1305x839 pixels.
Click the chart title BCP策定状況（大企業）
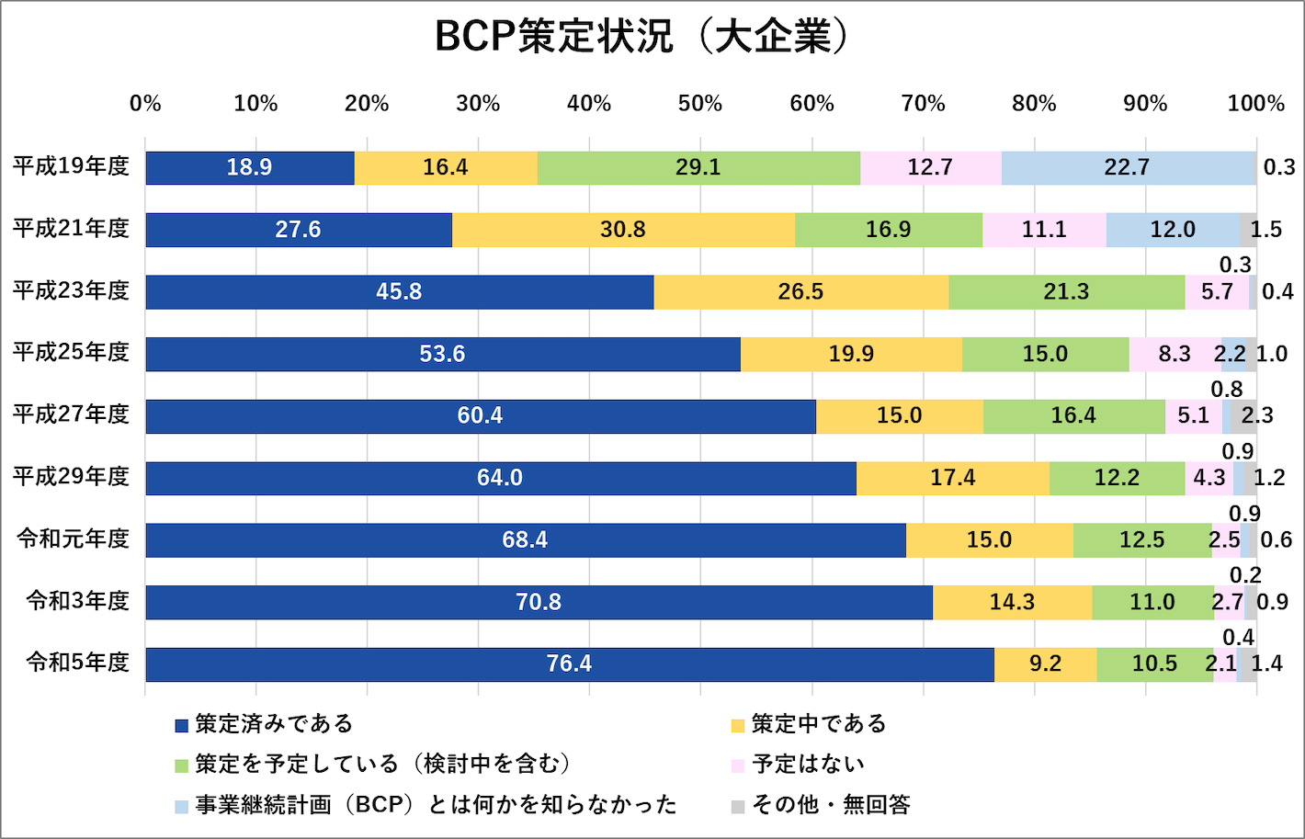tap(643, 37)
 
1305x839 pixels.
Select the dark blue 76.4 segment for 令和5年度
tap(569, 664)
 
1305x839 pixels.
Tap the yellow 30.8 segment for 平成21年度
tap(623, 230)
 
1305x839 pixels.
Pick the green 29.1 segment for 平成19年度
tap(698, 168)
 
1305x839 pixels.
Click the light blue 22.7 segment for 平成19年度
tap(1127, 168)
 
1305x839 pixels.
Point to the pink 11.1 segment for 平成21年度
tap(1044, 230)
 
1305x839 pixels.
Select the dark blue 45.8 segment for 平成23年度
tap(399, 292)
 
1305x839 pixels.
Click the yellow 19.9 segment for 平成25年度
tap(851, 354)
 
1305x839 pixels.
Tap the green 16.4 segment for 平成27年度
tap(1073, 416)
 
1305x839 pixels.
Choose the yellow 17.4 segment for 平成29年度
tap(952, 478)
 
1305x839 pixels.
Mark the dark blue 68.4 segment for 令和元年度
tap(525, 540)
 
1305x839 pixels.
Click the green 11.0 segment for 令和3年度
tap(1152, 602)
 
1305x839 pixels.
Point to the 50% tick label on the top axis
tap(700, 104)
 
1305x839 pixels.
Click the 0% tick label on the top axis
tap(145, 104)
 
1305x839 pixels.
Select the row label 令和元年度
tap(74, 539)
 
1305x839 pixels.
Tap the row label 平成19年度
tap(71, 167)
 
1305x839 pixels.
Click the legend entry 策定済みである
tap(274, 724)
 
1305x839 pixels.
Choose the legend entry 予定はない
tap(808, 765)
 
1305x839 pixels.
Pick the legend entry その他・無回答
tap(831, 805)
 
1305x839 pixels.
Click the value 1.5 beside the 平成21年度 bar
tap(1266, 230)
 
